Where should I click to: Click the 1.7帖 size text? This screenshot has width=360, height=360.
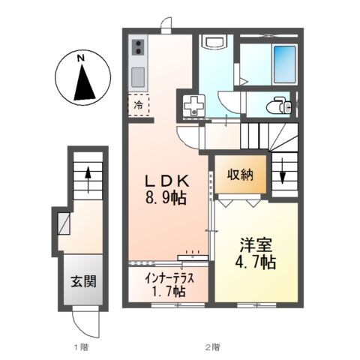[x=169, y=292]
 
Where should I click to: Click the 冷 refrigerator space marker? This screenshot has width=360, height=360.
[x=139, y=106]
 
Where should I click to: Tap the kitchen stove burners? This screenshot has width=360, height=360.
[x=139, y=49]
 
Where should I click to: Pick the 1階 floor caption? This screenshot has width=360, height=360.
[x=80, y=346]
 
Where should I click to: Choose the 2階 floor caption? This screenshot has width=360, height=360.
[x=214, y=346]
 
